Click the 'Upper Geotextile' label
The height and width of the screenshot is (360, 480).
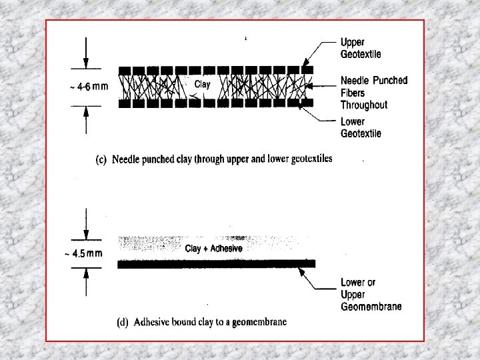361,48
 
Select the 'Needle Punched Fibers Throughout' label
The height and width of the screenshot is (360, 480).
373,92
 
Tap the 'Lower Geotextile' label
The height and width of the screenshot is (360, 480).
361,127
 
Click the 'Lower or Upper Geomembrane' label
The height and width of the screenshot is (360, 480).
371,294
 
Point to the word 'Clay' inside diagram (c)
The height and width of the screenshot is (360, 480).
202,85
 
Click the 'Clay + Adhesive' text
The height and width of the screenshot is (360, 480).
213,248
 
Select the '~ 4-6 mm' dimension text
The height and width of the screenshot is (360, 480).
87,86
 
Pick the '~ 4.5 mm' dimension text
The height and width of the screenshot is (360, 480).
85,253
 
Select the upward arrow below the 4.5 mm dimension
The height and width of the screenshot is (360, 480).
86,275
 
